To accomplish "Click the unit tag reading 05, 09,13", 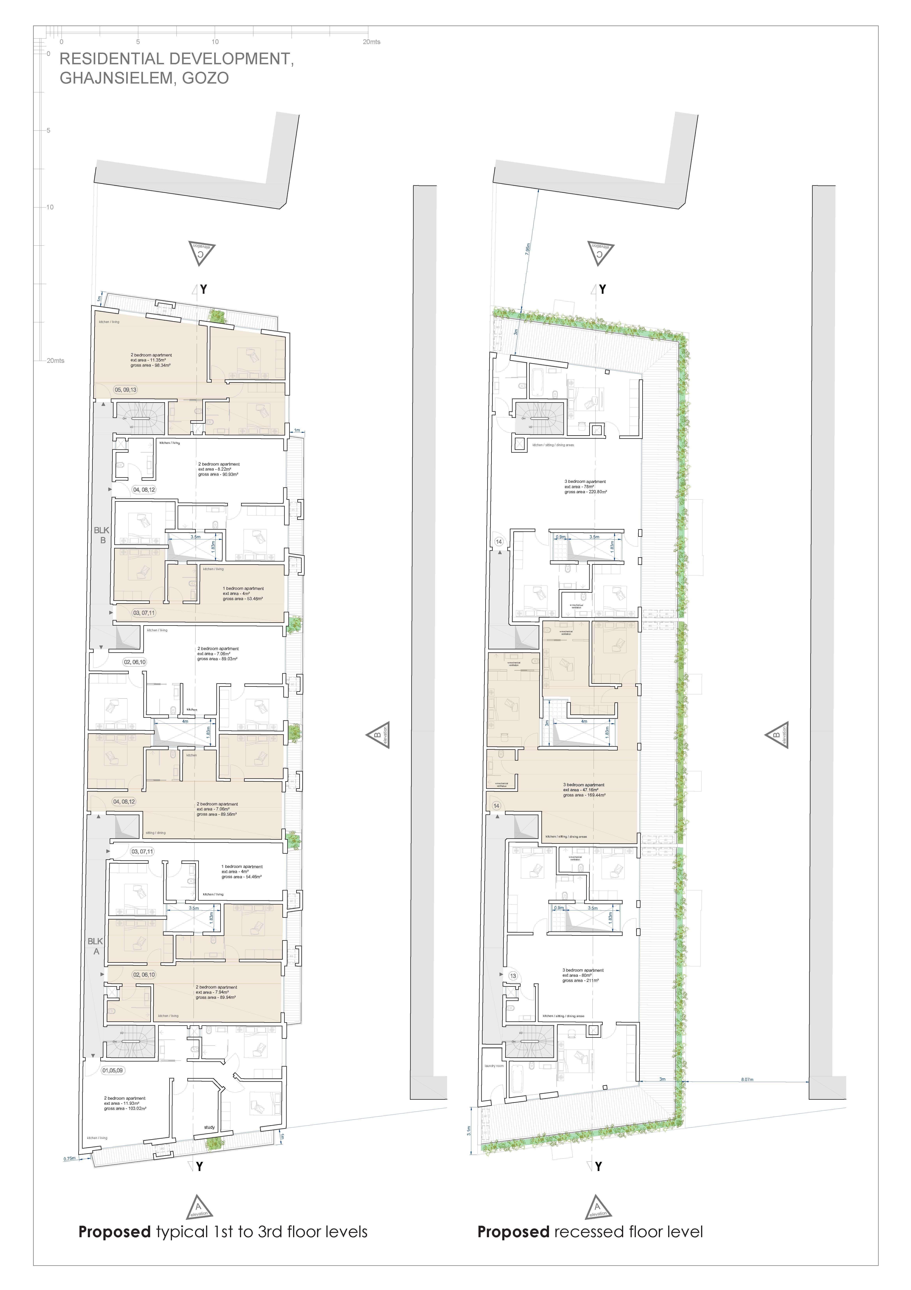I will pyautogui.click(x=125, y=389).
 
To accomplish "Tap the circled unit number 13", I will pyautogui.click(x=513, y=976).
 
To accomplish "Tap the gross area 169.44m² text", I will pyautogui.click(x=584, y=795).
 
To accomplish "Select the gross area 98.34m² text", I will pyautogui.click(x=151, y=365).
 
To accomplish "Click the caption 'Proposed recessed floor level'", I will pyautogui.click(x=590, y=1232).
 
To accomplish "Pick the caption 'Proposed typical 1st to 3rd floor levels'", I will pyautogui.click(x=223, y=1232).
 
